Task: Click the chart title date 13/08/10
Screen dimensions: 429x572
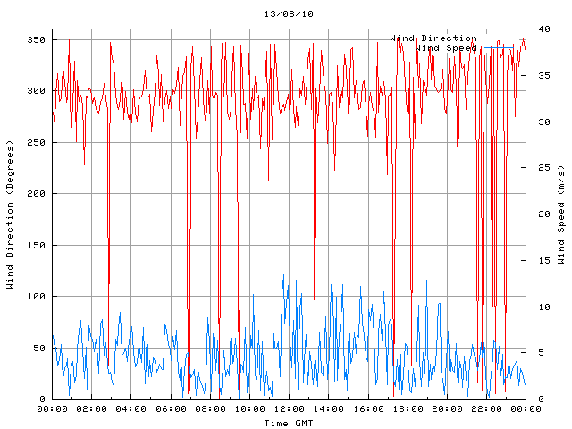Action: pos(289,14)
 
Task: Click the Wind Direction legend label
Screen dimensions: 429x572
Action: pos(433,38)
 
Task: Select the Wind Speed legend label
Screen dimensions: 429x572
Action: pos(446,48)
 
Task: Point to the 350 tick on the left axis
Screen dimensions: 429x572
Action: pos(37,40)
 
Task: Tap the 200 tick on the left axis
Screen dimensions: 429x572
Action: pos(37,194)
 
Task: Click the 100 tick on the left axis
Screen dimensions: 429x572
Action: pos(37,297)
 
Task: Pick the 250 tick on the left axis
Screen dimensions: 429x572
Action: pos(37,143)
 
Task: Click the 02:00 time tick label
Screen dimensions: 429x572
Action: pos(91,409)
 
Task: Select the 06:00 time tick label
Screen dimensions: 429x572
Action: pos(170,409)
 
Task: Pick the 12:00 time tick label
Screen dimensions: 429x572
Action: pos(289,409)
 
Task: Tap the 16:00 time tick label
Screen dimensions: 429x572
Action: pos(367,409)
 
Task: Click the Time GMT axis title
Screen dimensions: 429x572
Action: pos(289,423)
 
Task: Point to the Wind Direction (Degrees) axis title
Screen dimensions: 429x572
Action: pos(10,214)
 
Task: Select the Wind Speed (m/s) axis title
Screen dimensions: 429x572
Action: pos(561,214)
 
